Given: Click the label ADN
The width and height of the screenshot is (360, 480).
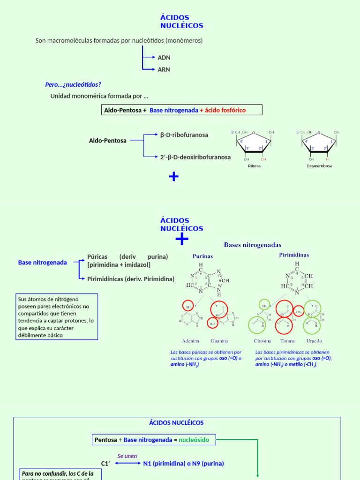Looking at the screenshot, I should point(164,58).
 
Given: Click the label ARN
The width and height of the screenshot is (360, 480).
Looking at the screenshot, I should point(164,69).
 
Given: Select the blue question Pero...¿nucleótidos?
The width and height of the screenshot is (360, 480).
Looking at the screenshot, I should point(73,85).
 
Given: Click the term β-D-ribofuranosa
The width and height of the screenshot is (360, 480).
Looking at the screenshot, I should point(184,135).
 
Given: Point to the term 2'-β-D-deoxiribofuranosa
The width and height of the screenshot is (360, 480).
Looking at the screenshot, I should point(195,157).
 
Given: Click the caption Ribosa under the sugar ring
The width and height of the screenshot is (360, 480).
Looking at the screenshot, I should point(254,166).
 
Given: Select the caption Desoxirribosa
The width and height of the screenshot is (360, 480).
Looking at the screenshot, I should point(319,166).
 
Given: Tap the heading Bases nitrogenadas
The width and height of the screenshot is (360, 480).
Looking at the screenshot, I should point(253,245).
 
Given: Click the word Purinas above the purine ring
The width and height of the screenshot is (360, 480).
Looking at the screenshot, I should point(202,256).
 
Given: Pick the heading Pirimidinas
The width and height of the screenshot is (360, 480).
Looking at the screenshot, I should point(294,255).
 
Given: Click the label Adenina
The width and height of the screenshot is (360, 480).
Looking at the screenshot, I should point(190,341).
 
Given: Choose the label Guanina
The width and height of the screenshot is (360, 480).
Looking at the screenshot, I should point(219,341).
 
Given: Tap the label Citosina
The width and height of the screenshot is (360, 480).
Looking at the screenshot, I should point(262,341).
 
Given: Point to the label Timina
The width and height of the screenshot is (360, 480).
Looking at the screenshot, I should point(287,341).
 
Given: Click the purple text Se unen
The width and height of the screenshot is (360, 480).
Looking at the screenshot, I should point(127,456).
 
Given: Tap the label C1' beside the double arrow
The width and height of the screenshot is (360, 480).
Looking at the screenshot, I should point(105,464).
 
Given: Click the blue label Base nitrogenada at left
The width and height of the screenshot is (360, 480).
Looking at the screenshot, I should point(43,262).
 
